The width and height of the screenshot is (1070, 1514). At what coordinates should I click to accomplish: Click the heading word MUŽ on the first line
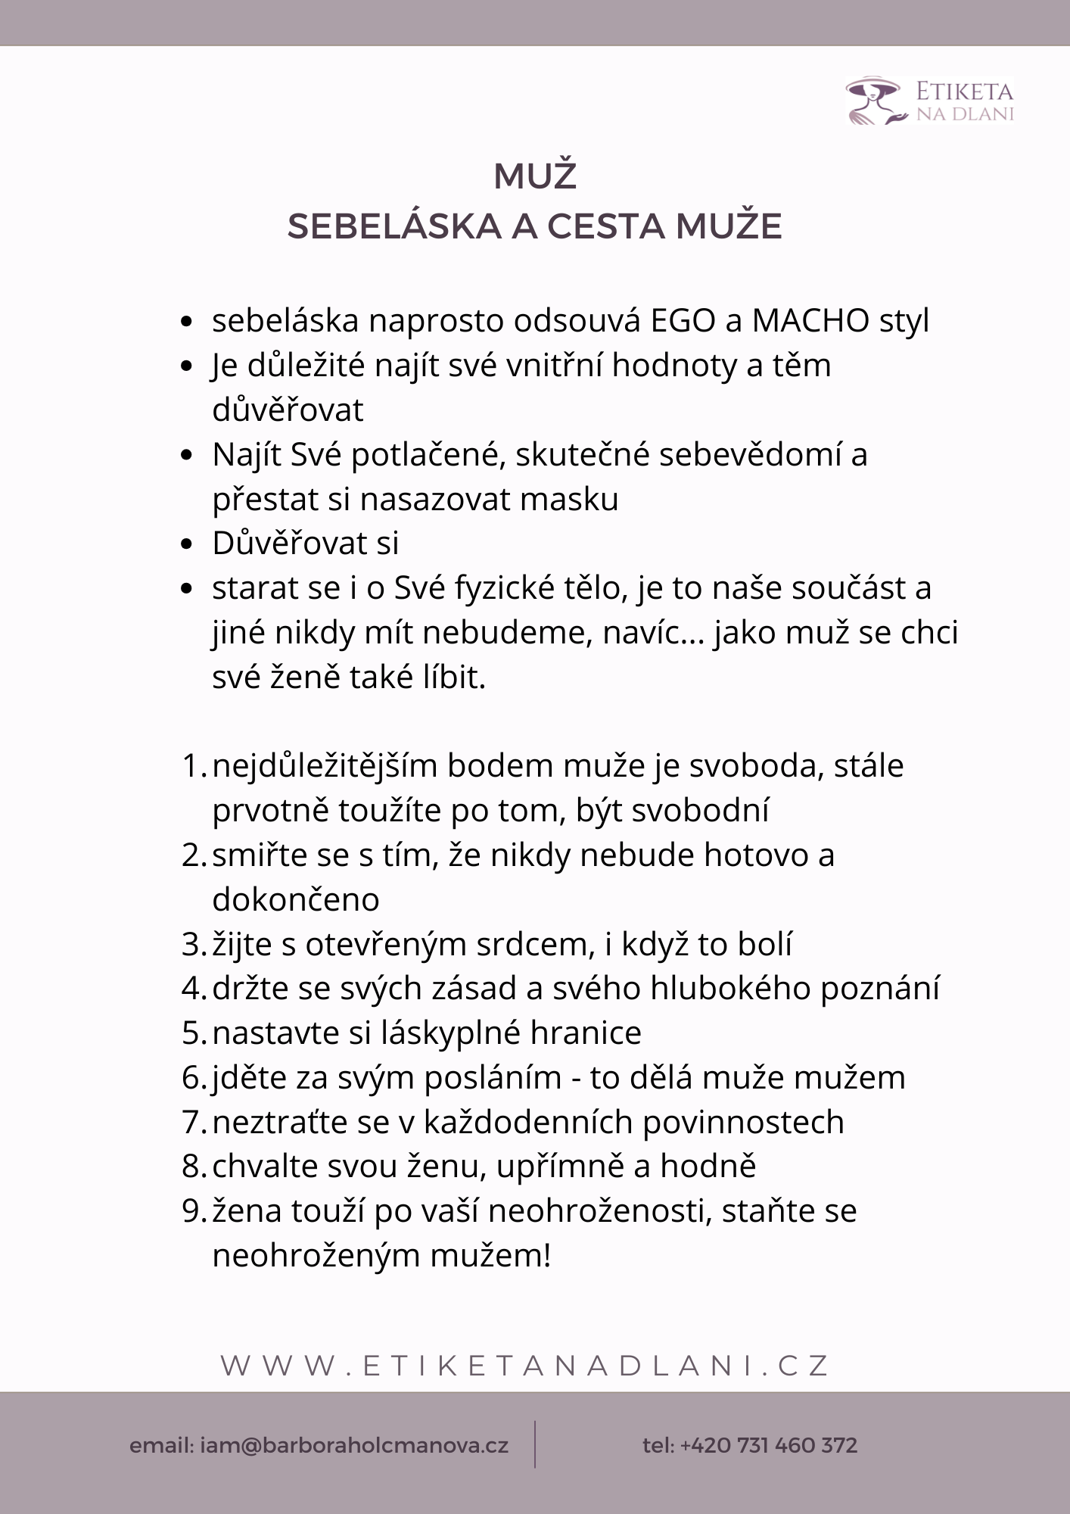(535, 177)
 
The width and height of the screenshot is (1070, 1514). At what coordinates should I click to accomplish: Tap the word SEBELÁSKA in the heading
(394, 226)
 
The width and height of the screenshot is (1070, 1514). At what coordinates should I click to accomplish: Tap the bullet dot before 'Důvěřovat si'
(188, 544)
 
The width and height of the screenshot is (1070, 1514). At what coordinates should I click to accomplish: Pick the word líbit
(453, 678)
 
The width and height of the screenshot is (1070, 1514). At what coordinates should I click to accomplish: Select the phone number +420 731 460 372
(768, 1445)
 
